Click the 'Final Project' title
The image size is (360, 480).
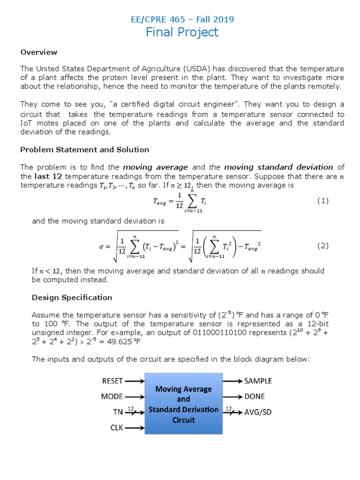click(x=182, y=32)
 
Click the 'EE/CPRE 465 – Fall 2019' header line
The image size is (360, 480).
click(x=181, y=19)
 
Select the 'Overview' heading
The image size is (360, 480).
click(x=38, y=52)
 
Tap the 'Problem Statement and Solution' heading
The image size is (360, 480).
click(x=84, y=150)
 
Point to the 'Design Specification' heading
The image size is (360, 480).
click(x=72, y=297)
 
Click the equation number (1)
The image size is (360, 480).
click(x=323, y=201)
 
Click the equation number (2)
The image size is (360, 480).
click(x=323, y=246)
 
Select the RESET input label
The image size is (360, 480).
click(x=112, y=381)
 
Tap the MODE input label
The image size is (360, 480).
click(x=112, y=397)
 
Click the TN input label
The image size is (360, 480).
click(x=118, y=412)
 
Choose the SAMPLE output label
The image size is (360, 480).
click(x=258, y=381)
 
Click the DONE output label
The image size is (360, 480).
click(x=255, y=397)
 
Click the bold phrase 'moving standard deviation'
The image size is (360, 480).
click(x=278, y=167)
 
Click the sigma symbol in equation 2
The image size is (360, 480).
click(x=101, y=246)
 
